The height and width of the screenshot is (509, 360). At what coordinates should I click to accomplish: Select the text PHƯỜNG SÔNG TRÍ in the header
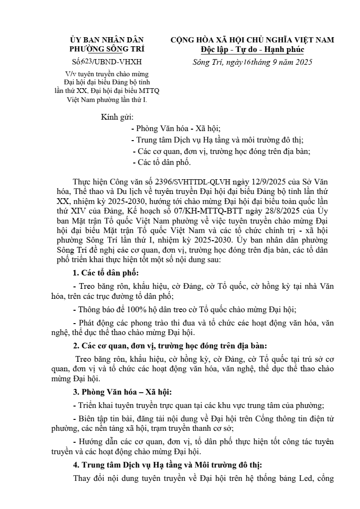[x=106, y=49]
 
